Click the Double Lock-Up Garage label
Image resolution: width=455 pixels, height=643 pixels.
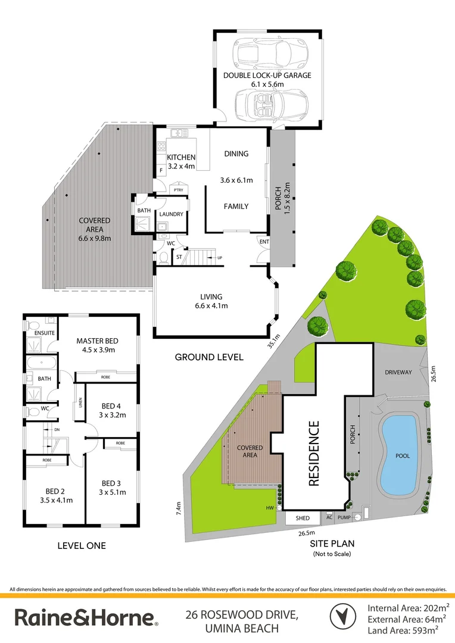pyautogui.click(x=267, y=76)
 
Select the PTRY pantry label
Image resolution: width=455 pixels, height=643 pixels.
pyautogui.click(x=178, y=190)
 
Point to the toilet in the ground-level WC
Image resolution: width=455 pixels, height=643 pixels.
pyautogui.click(x=164, y=257)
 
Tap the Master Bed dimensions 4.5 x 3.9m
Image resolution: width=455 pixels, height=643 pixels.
pyautogui.click(x=97, y=350)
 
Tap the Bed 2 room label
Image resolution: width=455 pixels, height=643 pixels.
pyautogui.click(x=55, y=491)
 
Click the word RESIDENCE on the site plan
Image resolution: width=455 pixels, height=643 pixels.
pyautogui.click(x=314, y=454)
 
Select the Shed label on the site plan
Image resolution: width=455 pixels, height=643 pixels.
pyautogui.click(x=303, y=519)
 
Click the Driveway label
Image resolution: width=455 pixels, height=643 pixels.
pyautogui.click(x=398, y=372)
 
